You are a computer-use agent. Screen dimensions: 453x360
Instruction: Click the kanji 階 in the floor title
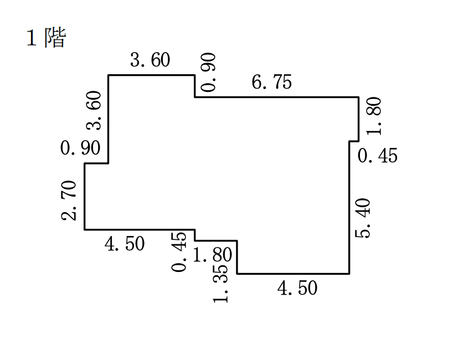coord(55,37)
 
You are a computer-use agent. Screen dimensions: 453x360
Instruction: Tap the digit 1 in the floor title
coord(32,38)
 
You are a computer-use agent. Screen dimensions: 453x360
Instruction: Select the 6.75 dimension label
coord(271,82)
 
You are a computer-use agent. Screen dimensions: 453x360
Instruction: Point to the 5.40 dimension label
coord(362,218)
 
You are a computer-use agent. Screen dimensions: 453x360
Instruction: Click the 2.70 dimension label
coord(69,200)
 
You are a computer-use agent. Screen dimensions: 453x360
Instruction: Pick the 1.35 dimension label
coord(220,283)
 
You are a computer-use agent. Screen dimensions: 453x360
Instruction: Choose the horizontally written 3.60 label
coord(150,60)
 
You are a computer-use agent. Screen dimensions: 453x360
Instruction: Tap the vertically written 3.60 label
coord(94,110)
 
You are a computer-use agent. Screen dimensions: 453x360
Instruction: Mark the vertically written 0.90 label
coord(208,72)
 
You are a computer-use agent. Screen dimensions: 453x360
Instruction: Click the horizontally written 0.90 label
coord(80,148)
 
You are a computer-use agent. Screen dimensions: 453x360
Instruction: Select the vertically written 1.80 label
coord(374,116)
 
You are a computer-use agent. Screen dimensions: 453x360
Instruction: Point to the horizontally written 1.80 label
coord(212,255)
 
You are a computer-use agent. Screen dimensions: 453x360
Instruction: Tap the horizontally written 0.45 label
coord(378,156)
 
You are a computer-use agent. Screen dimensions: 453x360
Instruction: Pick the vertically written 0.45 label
coord(179,252)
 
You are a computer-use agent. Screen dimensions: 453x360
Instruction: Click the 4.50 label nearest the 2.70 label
coord(125,244)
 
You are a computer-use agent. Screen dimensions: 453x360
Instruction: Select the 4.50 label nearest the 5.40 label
coord(297,288)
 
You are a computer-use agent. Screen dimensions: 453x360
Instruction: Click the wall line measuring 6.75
coord(277,97)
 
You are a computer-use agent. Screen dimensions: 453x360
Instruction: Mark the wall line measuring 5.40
coord(349,208)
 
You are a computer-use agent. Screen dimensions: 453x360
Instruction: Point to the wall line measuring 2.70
coord(85,197)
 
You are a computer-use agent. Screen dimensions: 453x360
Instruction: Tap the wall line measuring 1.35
coord(237,257)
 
